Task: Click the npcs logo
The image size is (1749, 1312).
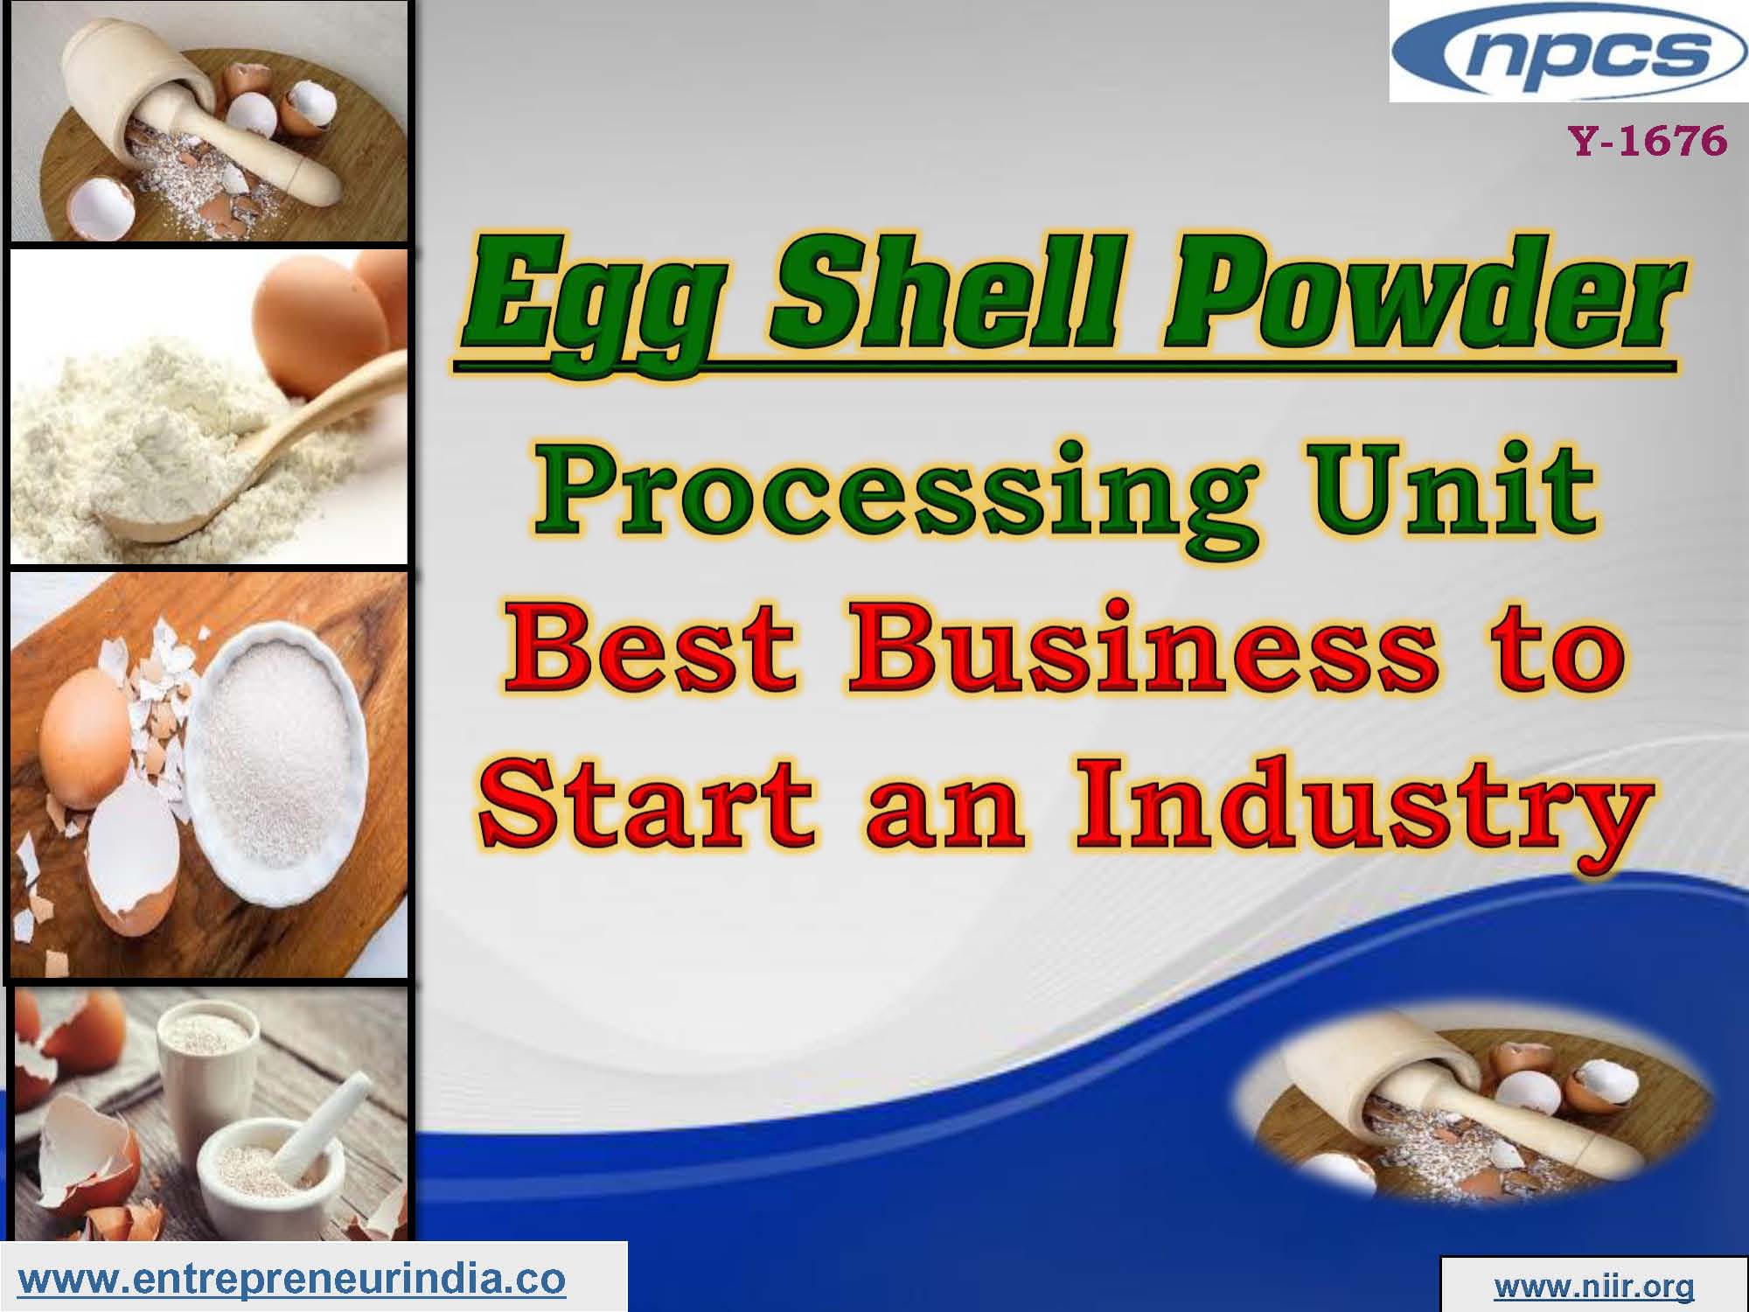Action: (x=1568, y=51)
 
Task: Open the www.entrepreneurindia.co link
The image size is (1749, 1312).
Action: (x=292, y=1280)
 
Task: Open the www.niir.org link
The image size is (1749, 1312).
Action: (x=1594, y=1287)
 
